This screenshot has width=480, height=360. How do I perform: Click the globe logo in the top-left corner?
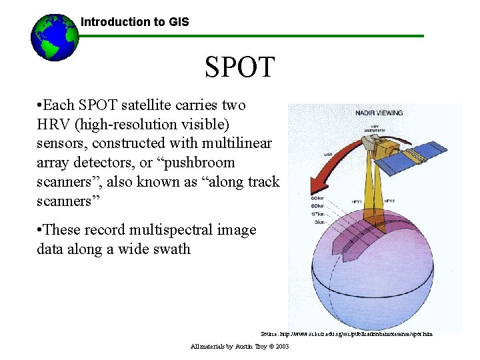[x=55, y=37]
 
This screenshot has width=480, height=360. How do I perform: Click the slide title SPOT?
[x=239, y=67]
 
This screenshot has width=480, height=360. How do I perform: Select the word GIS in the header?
[x=178, y=22]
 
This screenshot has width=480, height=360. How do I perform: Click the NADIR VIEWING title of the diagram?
[x=379, y=113]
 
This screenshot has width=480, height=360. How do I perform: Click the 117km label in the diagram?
[x=318, y=213]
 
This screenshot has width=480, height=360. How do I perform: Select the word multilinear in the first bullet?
[x=238, y=143]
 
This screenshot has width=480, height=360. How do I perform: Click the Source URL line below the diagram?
[x=347, y=333]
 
